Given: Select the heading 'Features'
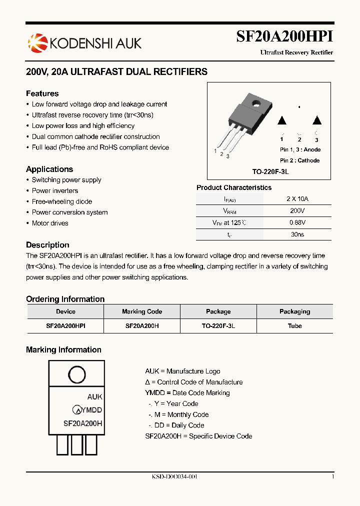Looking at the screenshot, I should (42, 93).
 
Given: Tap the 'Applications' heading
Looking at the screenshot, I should (49, 169).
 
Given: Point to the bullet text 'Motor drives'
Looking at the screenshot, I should (50, 223).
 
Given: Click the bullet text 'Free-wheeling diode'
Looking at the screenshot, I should (62, 201).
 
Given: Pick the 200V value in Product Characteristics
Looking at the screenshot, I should (297, 211).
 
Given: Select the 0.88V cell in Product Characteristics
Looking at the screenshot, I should (297, 222).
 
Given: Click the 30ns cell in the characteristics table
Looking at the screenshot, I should (297, 234).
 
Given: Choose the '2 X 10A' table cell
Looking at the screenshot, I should (297, 198).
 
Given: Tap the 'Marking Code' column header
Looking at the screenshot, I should (142, 311).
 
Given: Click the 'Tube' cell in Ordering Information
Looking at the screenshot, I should (294, 325).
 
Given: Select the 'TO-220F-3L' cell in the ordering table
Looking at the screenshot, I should (218, 325).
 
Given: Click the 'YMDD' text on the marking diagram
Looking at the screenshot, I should (91, 410).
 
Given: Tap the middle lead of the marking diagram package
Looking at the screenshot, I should (76, 444).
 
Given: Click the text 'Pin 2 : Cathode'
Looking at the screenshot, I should (299, 160).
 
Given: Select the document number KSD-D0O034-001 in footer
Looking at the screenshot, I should (174, 477).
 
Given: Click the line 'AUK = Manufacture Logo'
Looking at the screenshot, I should (182, 371).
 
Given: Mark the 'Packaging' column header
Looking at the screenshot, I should (294, 311).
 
